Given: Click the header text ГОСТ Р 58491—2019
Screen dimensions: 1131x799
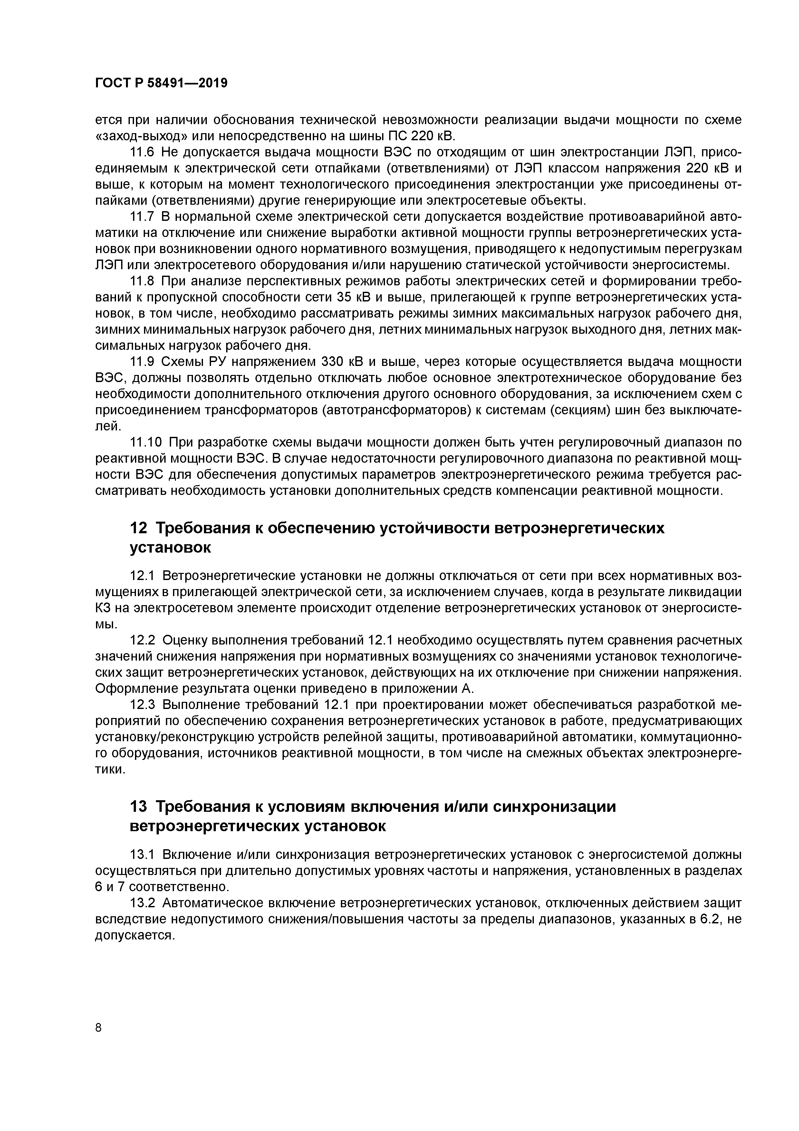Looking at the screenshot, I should (x=161, y=83).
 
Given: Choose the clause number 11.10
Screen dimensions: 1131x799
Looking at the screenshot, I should (x=147, y=442).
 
